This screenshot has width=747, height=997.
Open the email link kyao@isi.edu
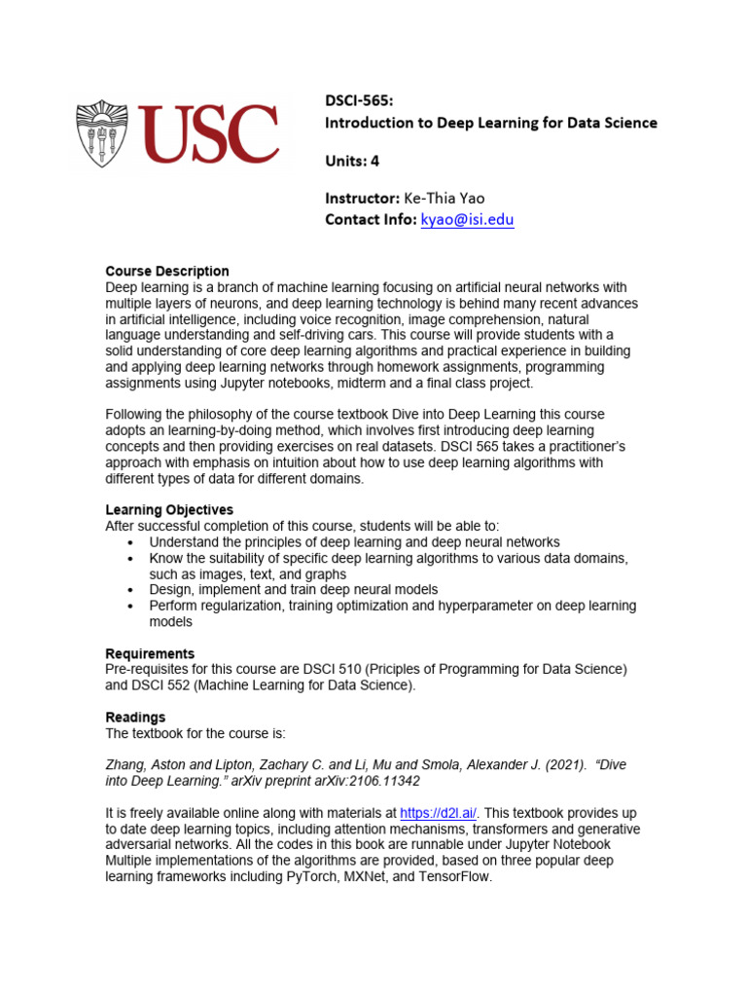tap(467, 220)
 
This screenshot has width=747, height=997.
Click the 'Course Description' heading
tap(166, 272)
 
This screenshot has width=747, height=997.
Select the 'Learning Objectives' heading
tap(168, 510)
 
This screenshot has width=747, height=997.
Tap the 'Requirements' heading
tap(150, 653)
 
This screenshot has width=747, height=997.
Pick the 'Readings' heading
tap(135, 718)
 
